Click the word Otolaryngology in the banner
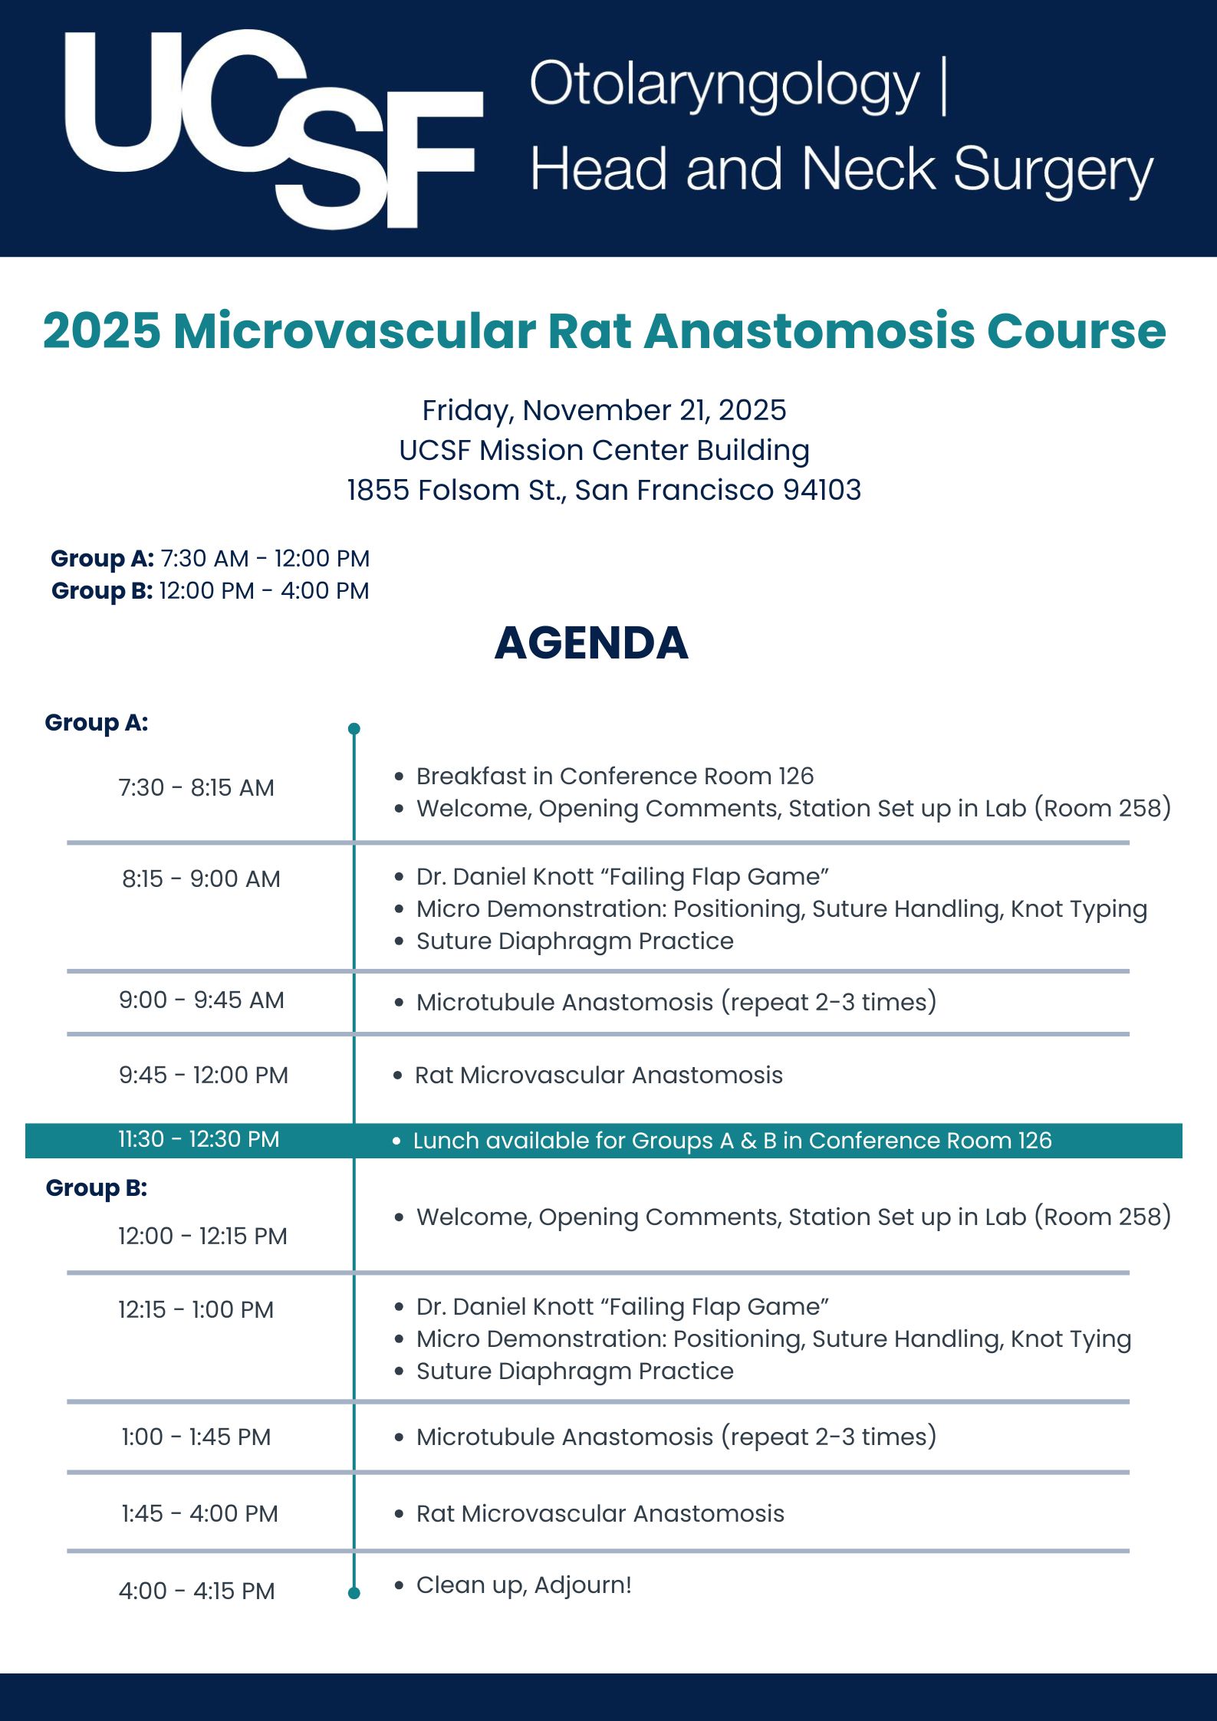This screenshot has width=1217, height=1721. (723, 85)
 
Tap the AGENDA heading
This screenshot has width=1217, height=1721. (591, 642)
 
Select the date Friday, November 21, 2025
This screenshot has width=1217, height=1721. (604, 410)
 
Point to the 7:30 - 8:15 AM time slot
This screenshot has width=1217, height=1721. (196, 787)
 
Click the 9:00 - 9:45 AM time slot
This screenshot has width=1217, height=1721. (201, 1000)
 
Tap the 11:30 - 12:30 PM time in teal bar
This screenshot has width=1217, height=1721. (199, 1139)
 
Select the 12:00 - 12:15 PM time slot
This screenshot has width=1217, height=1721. (202, 1236)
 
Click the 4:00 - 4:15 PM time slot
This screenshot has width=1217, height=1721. (196, 1591)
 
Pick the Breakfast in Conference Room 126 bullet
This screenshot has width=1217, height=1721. (614, 776)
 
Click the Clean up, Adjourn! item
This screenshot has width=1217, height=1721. (524, 1585)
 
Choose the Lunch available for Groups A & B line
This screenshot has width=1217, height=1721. (732, 1141)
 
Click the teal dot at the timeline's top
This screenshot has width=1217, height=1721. (354, 728)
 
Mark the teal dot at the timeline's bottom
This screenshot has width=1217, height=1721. (354, 1593)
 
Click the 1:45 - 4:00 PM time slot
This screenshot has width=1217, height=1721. (199, 1513)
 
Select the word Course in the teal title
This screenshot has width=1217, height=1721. (1076, 331)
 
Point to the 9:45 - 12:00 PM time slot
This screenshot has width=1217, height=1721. (203, 1075)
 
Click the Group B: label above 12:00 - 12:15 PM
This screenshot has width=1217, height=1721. (97, 1187)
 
